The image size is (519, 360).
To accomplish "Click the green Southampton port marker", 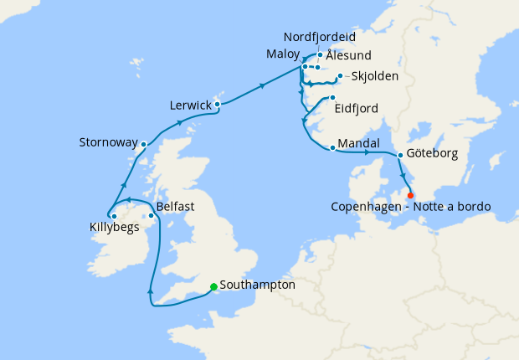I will pyautogui.click(x=213, y=286).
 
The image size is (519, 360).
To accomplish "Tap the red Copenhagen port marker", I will pyautogui.click(x=410, y=195).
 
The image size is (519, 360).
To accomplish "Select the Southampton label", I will pyautogui.click(x=257, y=285).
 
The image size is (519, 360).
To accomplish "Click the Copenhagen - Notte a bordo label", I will pyautogui.click(x=410, y=207).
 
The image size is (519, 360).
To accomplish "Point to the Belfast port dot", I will pyautogui.click(x=151, y=216).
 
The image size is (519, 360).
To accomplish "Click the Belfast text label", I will pyautogui.click(x=177, y=205).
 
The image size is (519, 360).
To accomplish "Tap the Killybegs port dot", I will pyautogui.click(x=113, y=217).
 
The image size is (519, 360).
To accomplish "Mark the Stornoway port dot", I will pyautogui.click(x=143, y=144).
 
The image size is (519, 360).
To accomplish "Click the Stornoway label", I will pyautogui.click(x=108, y=142).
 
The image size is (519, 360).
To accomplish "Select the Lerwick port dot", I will pyautogui.click(x=217, y=105).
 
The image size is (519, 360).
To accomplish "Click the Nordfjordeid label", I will pyautogui.click(x=320, y=38).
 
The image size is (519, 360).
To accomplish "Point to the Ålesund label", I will pyautogui.click(x=348, y=55).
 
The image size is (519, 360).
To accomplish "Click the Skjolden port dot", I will pyautogui.click(x=339, y=76).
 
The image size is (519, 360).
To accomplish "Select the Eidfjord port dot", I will pyautogui.click(x=332, y=97).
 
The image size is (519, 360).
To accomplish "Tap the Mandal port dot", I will pyautogui.click(x=333, y=148).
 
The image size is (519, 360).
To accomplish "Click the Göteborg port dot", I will pyautogui.click(x=400, y=155).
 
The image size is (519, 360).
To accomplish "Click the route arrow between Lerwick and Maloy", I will pyautogui.click(x=264, y=85).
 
